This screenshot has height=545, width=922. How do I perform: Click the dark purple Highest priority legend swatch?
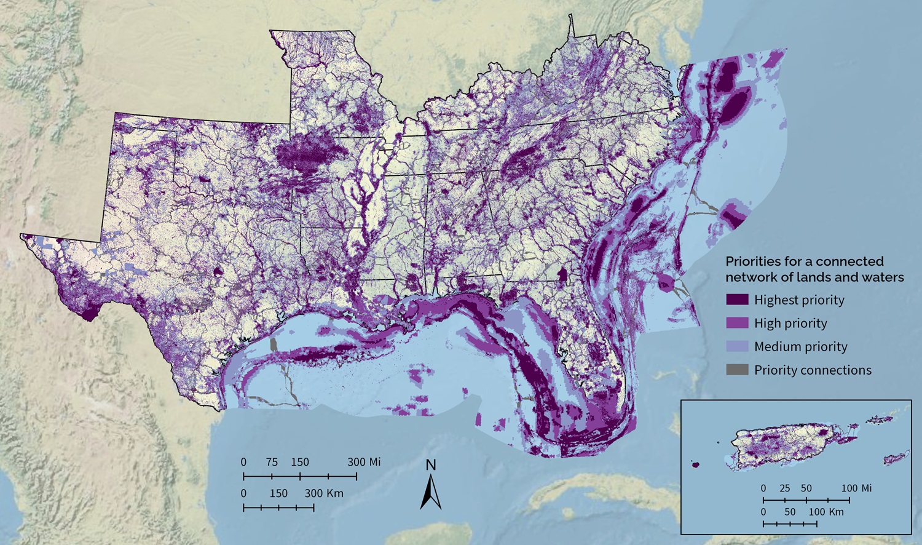[x=737, y=300]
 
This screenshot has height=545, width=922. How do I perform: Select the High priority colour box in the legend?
[x=737, y=323]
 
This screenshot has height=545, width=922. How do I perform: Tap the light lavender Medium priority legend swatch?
[x=737, y=346]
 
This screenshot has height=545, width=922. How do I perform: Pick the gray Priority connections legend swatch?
[x=737, y=370]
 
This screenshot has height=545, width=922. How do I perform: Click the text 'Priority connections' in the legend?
[x=813, y=370]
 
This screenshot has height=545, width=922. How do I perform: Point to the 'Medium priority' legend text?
[x=800, y=347]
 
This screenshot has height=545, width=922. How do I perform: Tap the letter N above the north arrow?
[x=431, y=465]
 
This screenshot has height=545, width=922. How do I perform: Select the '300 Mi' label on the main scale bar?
[x=364, y=462]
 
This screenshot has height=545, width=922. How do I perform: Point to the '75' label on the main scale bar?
[x=272, y=462]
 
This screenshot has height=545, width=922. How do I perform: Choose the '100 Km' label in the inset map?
[x=826, y=512]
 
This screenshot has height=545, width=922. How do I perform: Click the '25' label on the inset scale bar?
[x=784, y=488]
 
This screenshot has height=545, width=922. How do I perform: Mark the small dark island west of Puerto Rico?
[x=695, y=464]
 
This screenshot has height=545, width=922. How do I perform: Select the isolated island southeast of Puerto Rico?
[x=896, y=458]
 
